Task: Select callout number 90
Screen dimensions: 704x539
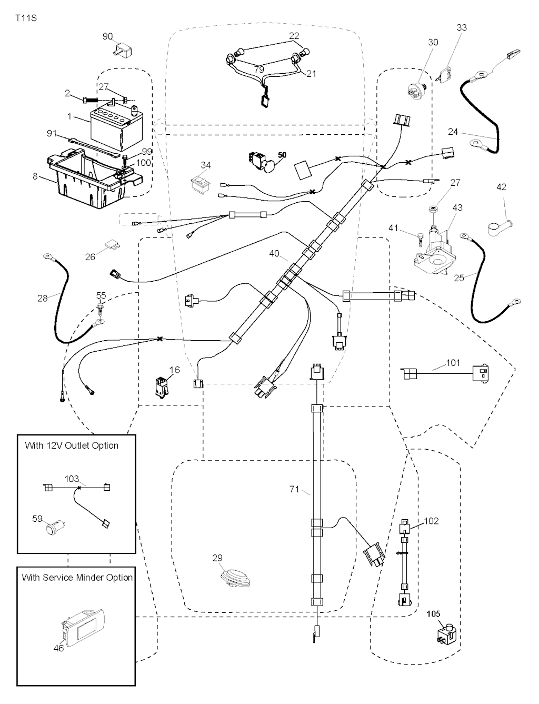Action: [107, 36]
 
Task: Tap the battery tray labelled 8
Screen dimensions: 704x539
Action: [92, 179]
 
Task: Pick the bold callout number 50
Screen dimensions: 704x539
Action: [283, 156]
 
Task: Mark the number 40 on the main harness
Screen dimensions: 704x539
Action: [274, 254]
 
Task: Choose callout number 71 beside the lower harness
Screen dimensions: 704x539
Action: [294, 490]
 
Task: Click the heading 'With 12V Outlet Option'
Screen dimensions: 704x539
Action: [72, 445]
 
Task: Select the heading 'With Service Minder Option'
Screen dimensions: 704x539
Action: [77, 578]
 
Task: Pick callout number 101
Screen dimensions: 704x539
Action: [453, 363]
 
